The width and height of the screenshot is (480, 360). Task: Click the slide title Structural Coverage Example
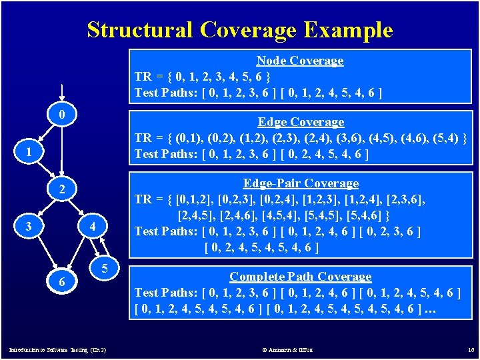click(240, 30)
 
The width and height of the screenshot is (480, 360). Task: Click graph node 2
click(61, 190)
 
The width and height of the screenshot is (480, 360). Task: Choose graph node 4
click(94, 227)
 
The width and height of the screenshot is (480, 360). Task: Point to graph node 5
click(105, 269)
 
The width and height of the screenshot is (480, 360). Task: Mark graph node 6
click(61, 282)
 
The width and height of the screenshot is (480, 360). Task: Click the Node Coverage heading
click(300, 61)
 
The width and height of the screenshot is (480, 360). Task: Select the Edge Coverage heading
click(301, 122)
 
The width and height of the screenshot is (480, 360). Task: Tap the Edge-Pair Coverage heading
click(301, 183)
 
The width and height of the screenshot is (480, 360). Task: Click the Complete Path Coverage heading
click(300, 276)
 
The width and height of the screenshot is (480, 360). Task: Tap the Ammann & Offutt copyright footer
click(287, 350)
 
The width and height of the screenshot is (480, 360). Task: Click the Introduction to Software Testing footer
click(57, 350)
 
